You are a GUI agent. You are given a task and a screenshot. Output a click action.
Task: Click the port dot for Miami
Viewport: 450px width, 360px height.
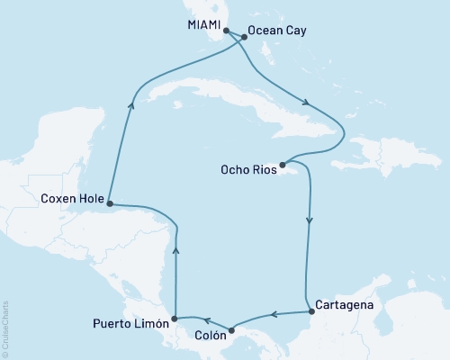[226, 31]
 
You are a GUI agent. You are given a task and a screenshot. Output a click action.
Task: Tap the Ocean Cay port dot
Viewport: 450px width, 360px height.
[244, 38]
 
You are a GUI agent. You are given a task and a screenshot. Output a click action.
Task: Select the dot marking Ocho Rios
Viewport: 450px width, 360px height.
[283, 165]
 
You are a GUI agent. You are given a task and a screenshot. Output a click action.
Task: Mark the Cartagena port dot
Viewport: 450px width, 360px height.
[312, 311]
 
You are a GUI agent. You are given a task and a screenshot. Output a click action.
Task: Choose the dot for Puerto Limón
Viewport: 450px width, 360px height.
[175, 319]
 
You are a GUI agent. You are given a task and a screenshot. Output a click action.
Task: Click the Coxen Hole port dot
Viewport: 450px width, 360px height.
[109, 202]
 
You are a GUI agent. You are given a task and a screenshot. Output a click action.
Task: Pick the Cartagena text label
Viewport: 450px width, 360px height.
[344, 304]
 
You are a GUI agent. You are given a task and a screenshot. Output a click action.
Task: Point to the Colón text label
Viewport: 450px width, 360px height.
[210, 340]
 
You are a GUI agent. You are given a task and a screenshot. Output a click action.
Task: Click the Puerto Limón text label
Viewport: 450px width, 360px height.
[131, 322]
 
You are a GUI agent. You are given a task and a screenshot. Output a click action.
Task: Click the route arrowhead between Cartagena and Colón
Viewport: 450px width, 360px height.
[274, 315]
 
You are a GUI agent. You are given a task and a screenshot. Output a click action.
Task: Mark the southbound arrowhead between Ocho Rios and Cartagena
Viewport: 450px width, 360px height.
[310, 219]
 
